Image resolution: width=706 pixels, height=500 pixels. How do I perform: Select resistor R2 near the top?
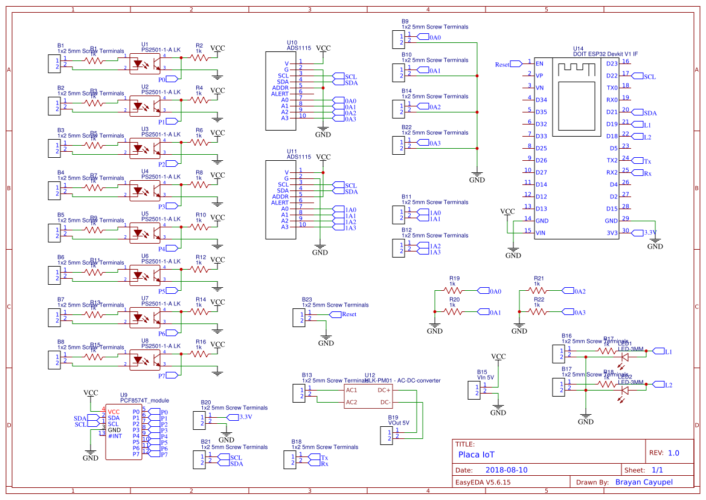coord(199,58)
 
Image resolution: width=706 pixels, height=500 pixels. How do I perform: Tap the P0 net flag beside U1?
coord(170,79)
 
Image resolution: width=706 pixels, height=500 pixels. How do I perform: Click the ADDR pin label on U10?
coord(280,88)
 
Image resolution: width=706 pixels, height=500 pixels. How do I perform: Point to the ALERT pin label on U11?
coord(280,203)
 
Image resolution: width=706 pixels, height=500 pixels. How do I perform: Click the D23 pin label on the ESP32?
coord(612,63)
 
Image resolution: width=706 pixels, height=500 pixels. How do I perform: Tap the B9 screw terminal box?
coord(398,39)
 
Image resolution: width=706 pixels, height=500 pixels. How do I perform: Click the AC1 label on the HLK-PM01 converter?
coord(351,391)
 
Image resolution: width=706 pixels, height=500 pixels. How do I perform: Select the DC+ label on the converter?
coord(384,391)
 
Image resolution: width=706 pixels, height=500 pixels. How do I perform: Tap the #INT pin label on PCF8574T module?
coord(115,436)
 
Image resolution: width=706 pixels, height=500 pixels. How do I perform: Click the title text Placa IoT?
coord(476,454)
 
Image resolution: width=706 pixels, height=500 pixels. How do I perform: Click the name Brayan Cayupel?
coord(643,482)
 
